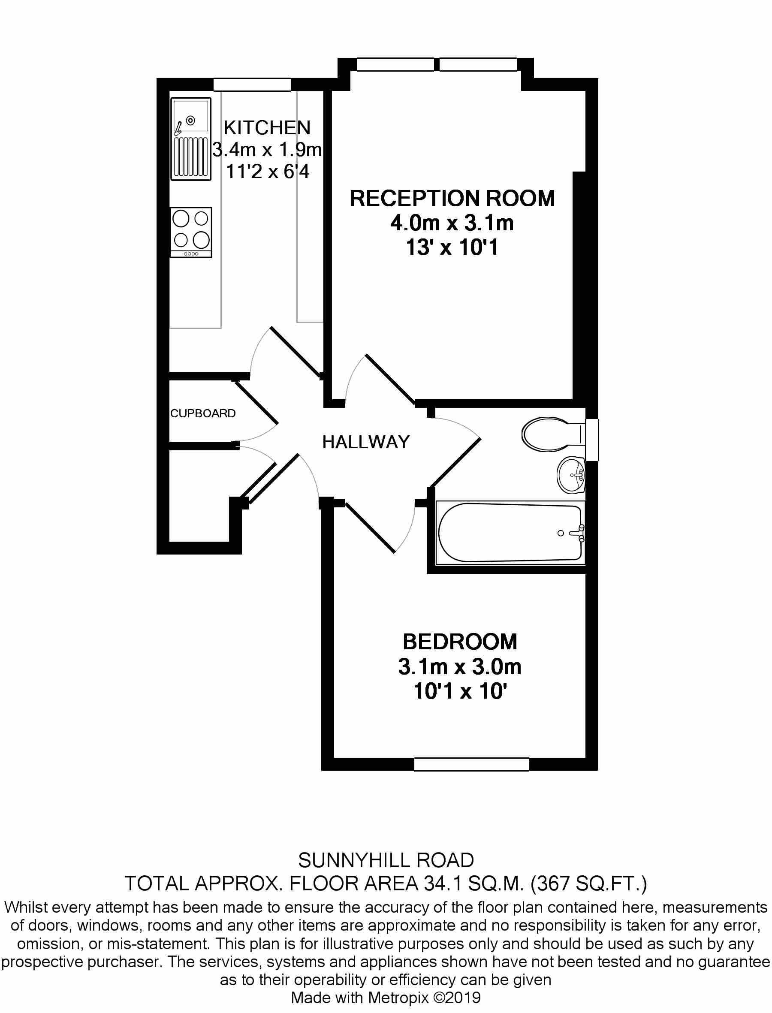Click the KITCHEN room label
[267, 127]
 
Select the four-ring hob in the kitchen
[191, 232]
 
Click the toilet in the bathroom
[554, 434]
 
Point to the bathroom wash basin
[571, 475]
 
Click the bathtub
[510, 533]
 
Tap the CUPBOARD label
[202, 413]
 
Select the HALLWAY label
[366, 442]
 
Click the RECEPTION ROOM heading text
[452, 199]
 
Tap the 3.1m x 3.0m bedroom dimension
[460, 667]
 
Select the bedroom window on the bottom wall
[472, 764]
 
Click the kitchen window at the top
[252, 84]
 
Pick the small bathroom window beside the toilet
[593, 440]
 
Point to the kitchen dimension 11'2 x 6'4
[268, 172]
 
